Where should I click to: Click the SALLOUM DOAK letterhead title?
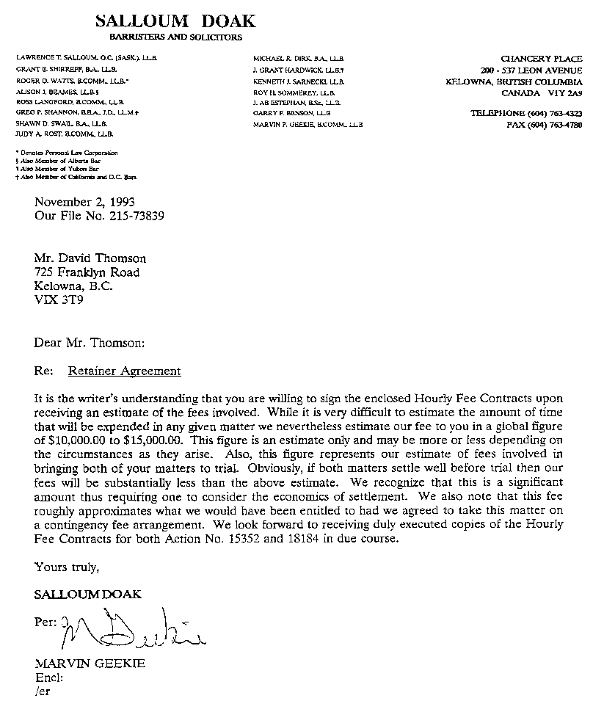point(175,21)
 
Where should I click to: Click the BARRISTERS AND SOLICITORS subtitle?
point(175,37)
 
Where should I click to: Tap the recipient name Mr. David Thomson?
point(90,258)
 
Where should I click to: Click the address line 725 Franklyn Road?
point(87,272)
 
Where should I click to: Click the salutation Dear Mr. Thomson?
point(90,342)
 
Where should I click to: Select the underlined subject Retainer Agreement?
point(124,371)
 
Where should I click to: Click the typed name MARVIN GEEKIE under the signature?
point(90,664)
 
